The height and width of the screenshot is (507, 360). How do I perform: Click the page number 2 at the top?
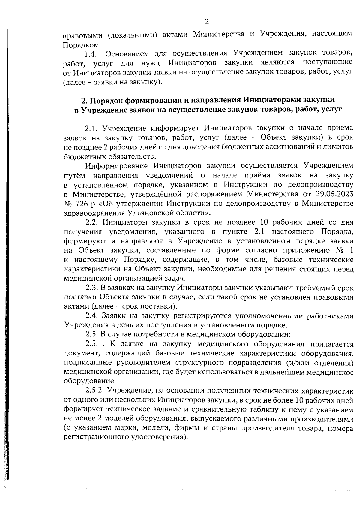[206, 22]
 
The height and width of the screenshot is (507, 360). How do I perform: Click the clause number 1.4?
[90, 54]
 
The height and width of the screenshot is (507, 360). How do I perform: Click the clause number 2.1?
[91, 128]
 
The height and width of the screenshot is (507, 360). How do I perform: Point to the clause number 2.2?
[92, 222]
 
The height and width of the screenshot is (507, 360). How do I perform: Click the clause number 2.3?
[91, 288]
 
